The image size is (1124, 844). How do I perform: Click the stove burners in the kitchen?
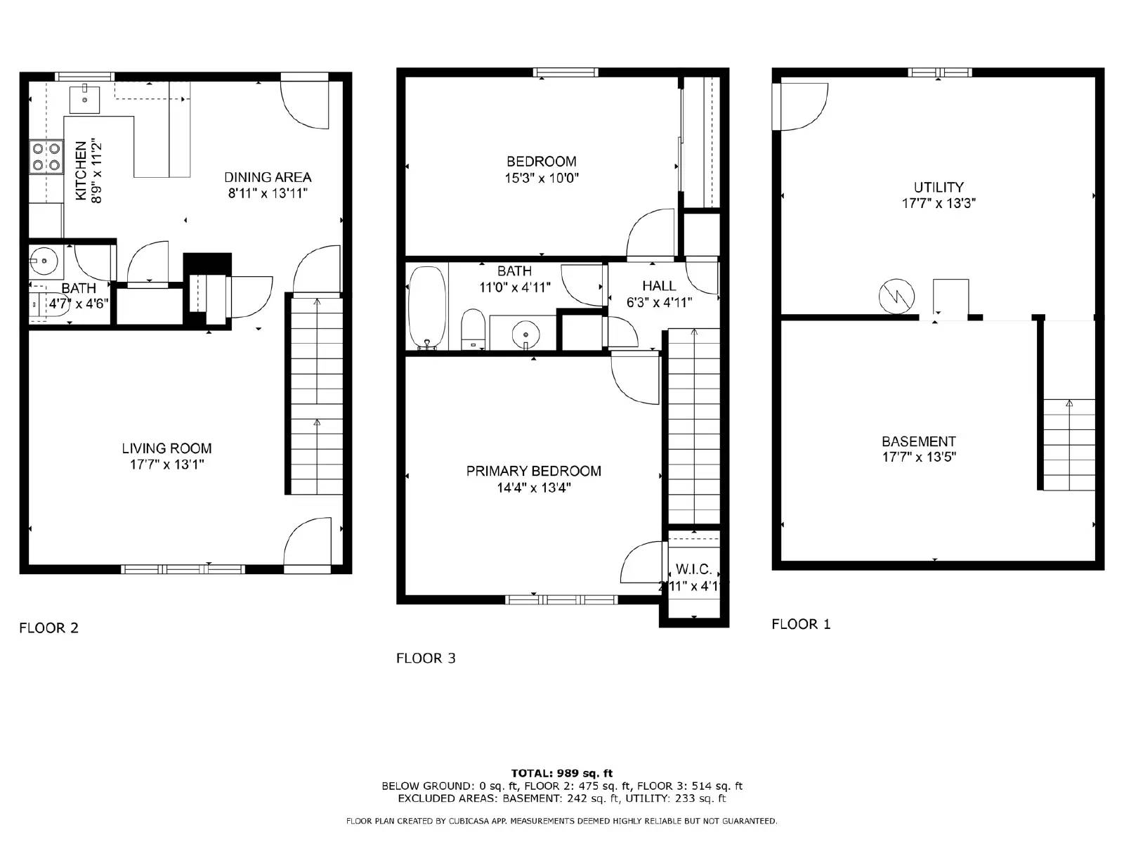pos(46,157)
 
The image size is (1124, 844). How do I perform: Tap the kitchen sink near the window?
pos(84,99)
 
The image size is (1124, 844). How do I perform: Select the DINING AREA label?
pos(268,177)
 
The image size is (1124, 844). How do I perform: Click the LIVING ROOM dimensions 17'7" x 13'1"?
pos(166,465)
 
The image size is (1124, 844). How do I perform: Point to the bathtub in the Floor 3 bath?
pos(426,307)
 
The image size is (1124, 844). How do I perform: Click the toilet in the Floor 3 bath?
pos(473,329)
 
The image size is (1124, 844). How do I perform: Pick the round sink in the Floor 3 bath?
pos(525,332)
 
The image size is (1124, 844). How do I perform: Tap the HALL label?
pos(659,285)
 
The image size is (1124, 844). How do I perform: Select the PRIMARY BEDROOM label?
pos(533,471)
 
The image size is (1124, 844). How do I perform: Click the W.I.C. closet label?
pos(694,569)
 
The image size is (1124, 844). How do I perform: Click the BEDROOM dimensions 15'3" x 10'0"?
pos(541,178)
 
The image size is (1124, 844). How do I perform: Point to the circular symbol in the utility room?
pos(897,297)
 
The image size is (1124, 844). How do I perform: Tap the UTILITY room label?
pos(939,187)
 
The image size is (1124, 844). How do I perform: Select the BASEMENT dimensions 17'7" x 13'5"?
pos(919,457)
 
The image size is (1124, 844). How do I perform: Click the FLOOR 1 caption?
pos(801,624)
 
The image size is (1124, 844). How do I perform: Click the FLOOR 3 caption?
pos(426,658)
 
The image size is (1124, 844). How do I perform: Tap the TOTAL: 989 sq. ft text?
pos(561,773)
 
